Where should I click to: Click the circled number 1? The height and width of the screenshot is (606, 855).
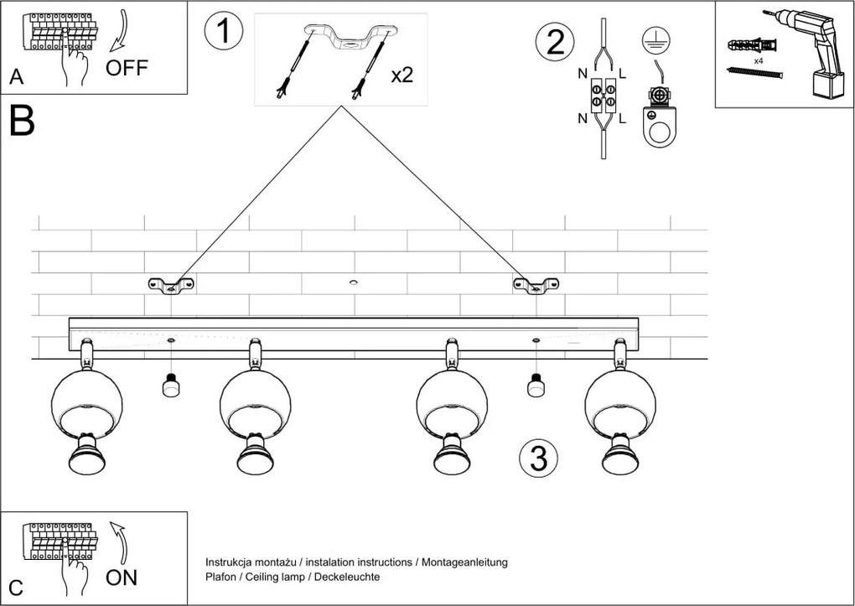[224, 31]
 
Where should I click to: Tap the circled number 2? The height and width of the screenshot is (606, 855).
[555, 42]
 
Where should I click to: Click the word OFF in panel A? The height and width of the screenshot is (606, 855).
[127, 69]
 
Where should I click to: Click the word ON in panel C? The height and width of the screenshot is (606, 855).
[122, 578]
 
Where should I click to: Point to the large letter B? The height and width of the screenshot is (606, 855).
[22, 122]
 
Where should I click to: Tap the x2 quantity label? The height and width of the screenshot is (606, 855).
[402, 75]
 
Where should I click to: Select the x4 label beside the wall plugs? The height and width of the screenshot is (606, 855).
[758, 62]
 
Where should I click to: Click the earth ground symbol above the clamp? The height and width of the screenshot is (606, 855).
[653, 39]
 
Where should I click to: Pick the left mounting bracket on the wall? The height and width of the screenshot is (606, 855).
[171, 286]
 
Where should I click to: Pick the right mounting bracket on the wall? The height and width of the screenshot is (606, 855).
[536, 286]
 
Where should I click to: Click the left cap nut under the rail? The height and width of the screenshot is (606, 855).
[170, 386]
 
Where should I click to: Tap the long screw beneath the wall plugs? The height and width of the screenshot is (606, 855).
[754, 74]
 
